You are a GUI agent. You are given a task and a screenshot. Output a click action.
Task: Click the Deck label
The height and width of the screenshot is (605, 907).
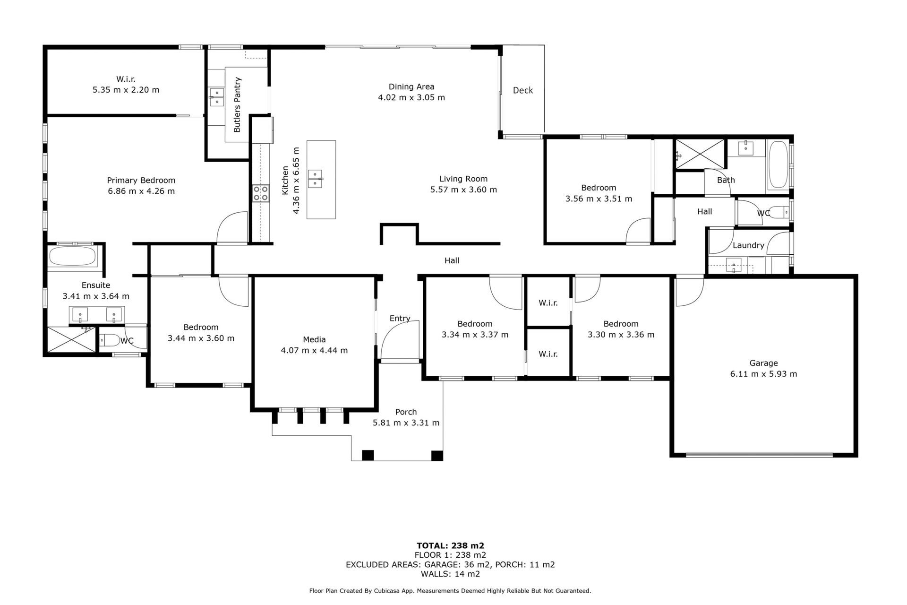coord(522,90)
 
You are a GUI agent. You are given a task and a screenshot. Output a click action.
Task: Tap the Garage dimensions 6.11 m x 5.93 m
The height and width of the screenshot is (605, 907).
coord(763,374)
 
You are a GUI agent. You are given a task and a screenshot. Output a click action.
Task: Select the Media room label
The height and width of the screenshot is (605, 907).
coord(314,339)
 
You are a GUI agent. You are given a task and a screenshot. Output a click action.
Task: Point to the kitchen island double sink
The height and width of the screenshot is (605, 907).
coord(315,179)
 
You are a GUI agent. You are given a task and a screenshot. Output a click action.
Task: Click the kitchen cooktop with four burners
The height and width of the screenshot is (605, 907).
coord(260,193)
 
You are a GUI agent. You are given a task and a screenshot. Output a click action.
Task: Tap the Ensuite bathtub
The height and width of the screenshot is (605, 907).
coord(72,257)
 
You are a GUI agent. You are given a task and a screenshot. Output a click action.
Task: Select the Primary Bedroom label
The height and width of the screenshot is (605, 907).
coord(141,180)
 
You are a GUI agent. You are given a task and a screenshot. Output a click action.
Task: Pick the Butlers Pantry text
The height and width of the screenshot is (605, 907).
coord(237,104)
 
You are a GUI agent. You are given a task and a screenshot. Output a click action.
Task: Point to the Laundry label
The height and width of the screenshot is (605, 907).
coord(748,245)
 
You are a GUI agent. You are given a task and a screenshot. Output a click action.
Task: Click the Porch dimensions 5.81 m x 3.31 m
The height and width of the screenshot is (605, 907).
coord(406,423)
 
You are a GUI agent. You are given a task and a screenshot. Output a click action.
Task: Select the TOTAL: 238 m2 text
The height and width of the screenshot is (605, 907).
coord(450,545)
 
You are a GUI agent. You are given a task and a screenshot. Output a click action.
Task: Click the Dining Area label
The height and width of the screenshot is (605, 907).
coord(411,86)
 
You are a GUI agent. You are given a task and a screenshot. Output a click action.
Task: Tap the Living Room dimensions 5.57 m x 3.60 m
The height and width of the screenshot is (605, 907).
coord(463,190)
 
